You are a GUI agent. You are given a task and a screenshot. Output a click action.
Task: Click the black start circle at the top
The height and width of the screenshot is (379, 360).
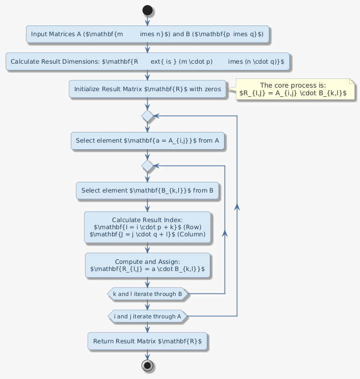point(148,10)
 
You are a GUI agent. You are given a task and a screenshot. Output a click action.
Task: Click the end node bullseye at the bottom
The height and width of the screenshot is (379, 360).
point(148,365)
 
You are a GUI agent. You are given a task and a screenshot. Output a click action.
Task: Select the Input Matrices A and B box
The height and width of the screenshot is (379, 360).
point(147,34)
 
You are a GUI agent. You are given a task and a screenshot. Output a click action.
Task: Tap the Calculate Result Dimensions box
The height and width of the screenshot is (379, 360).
point(147,61)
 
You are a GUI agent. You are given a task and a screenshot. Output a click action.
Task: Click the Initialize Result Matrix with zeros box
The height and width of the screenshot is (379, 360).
point(147,89)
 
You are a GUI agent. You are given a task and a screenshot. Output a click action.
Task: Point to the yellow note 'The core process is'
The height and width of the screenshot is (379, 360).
point(293,89)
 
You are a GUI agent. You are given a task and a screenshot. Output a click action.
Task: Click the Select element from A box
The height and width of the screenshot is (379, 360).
point(147,140)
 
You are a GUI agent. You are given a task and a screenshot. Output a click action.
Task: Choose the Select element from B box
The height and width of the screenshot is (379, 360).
point(147,191)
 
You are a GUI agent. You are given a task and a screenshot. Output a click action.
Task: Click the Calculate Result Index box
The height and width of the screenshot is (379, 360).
point(147,226)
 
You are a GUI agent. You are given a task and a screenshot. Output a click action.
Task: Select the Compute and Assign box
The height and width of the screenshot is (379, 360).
point(147,265)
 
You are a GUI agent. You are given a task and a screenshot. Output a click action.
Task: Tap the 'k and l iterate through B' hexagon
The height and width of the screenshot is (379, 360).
point(148,294)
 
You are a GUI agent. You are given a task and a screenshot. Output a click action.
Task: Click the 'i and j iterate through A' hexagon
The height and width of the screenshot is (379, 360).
point(148,316)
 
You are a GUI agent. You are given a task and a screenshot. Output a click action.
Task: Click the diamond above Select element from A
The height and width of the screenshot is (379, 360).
point(148,116)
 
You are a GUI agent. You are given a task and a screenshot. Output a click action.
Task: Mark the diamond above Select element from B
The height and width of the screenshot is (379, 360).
point(148,166)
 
